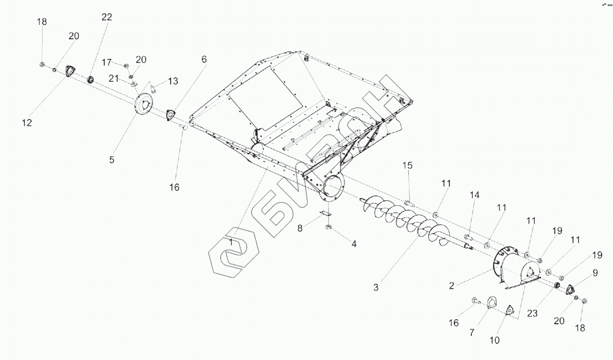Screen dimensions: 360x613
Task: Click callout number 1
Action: point(231,242)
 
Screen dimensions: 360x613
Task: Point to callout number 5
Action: point(112,160)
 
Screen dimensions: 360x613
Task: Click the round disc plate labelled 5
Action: point(144,103)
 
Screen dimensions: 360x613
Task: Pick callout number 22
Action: point(106,17)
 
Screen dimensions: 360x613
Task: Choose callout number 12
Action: point(27,123)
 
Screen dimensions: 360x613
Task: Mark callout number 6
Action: point(204,59)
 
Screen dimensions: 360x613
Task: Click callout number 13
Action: point(173,81)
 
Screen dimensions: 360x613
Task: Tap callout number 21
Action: point(113,78)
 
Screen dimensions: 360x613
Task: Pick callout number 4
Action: point(353,244)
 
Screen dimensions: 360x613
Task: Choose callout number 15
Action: point(407,165)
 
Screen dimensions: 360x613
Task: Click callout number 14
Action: point(475,194)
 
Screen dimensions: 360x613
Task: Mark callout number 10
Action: point(494,340)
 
